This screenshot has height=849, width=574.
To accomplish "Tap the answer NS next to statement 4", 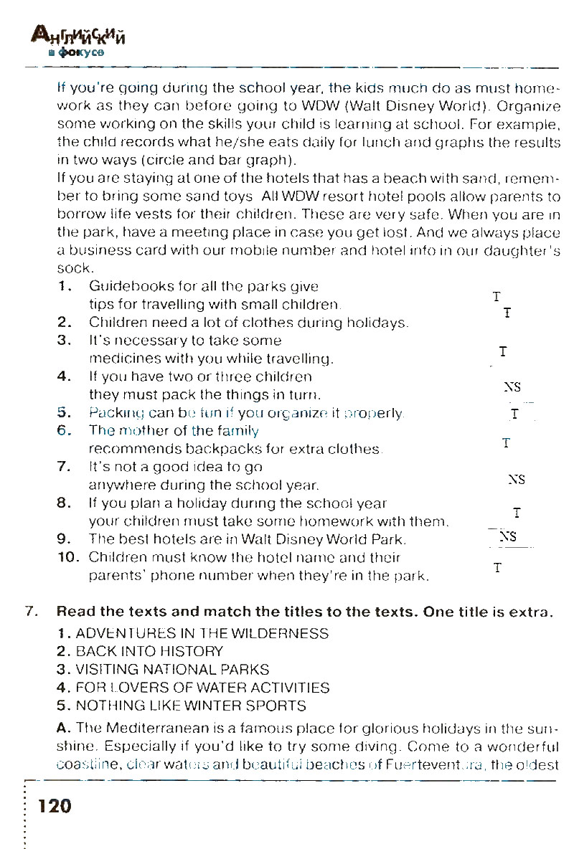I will pyautogui.click(x=512, y=387).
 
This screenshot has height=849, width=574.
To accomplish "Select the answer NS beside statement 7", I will pyautogui.click(x=516, y=479).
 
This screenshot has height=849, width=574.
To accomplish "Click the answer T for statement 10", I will pyautogui.click(x=497, y=568).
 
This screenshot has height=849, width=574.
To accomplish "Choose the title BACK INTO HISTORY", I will pyautogui.click(x=149, y=652).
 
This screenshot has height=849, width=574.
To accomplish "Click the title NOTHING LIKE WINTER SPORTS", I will pyautogui.click(x=190, y=706).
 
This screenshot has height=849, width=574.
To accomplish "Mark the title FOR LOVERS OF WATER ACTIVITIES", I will pyautogui.click(x=202, y=688).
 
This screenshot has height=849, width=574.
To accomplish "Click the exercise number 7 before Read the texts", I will pyautogui.click(x=29, y=612).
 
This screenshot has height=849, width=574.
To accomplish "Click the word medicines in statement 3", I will pyautogui.click(x=121, y=358).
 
